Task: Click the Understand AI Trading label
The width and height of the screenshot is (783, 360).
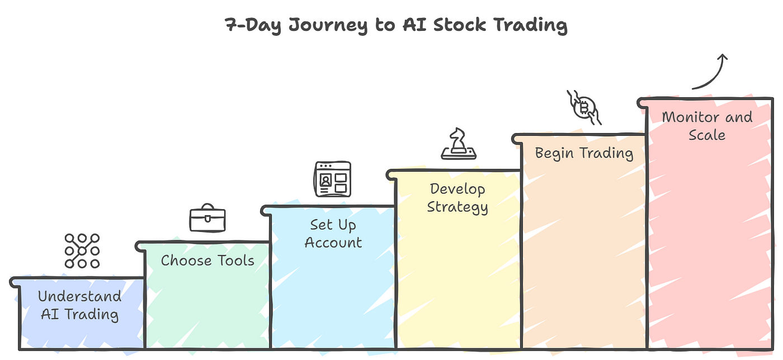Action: (79, 305)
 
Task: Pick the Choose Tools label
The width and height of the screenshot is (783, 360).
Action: (207, 260)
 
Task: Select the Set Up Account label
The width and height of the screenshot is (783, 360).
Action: (333, 234)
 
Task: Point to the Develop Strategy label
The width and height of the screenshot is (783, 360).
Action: (457, 198)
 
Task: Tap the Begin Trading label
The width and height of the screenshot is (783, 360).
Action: (584, 153)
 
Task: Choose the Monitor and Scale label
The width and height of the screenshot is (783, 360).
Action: (707, 126)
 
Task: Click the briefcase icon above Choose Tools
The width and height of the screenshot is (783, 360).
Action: (207, 218)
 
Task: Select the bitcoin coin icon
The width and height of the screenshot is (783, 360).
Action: (584, 107)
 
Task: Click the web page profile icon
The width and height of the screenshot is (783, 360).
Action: (332, 179)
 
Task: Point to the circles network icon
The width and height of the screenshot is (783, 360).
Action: (82, 251)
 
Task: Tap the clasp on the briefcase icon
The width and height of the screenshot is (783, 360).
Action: (207, 219)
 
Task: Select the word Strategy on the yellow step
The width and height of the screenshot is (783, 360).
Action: (457, 207)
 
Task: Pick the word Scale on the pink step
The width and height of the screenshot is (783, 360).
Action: (707, 135)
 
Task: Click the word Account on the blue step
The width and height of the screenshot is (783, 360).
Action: (333, 243)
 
